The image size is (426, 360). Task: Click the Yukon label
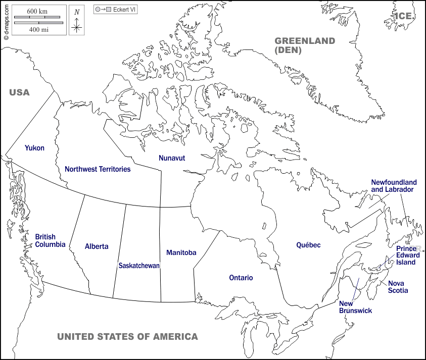pos(34,148)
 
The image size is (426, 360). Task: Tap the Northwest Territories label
pos(98,169)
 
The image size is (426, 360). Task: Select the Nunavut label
pos(172,158)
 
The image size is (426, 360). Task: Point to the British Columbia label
pos(50,240)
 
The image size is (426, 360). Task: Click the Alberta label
pos(97,246)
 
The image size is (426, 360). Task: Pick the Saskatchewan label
pos(139,265)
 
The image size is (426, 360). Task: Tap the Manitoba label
pos(181,252)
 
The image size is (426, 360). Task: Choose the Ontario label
pos(241,278)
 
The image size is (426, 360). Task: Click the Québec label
pos(308,245)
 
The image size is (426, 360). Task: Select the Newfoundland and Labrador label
pos(394,186)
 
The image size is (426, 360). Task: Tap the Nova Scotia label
pos(398,286)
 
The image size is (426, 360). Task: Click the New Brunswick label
pos(355,307)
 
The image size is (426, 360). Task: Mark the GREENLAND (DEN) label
pos(305,45)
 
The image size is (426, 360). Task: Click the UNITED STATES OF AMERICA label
pos(127,337)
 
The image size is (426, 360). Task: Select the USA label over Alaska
pos(20,92)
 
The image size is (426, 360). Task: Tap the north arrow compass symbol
pos(76,20)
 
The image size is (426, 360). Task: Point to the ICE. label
pos(404,16)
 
